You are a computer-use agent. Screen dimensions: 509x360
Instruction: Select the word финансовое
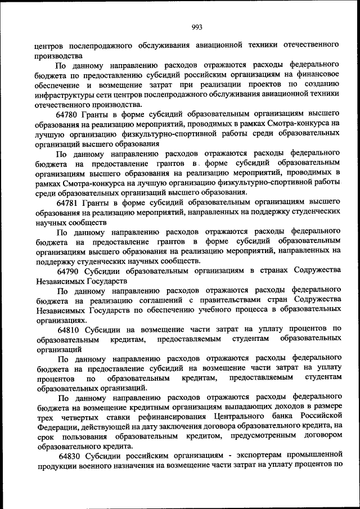coord(319,74)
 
